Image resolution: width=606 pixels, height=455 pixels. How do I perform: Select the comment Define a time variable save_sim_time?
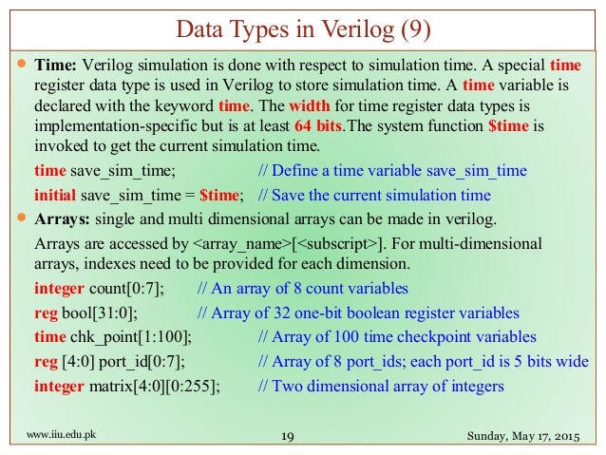click(x=393, y=172)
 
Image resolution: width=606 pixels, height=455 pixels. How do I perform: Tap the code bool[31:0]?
click(x=104, y=313)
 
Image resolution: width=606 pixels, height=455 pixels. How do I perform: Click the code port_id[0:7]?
click(x=140, y=362)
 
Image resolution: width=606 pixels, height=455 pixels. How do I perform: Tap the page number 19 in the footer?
click(x=291, y=436)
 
